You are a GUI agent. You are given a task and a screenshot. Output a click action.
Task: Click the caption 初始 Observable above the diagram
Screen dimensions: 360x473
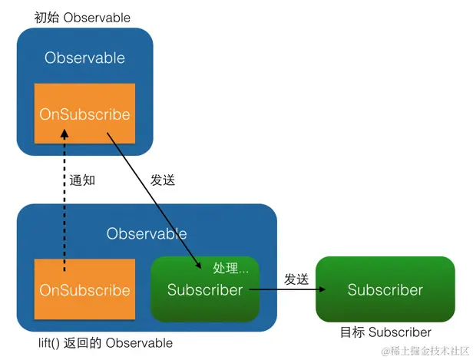click(x=82, y=17)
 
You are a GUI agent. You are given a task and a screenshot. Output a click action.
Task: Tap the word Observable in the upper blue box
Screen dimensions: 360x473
click(x=84, y=58)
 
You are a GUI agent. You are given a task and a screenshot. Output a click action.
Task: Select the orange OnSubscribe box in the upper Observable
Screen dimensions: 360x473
click(x=84, y=114)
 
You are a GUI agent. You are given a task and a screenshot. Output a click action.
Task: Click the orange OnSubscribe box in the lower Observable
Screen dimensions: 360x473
click(x=84, y=290)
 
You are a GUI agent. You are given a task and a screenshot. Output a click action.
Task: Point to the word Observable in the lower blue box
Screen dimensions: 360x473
click(x=147, y=233)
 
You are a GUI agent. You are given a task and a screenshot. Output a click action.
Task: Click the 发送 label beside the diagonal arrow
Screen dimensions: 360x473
click(x=163, y=180)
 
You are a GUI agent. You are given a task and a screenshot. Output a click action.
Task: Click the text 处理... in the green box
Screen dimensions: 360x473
click(x=231, y=268)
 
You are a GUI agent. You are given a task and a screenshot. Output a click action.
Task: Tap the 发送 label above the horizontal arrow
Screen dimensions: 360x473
click(x=296, y=279)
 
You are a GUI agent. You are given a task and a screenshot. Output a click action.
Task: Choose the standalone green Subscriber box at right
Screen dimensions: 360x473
click(x=385, y=289)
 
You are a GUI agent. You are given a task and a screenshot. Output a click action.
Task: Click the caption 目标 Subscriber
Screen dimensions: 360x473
click(x=385, y=332)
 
